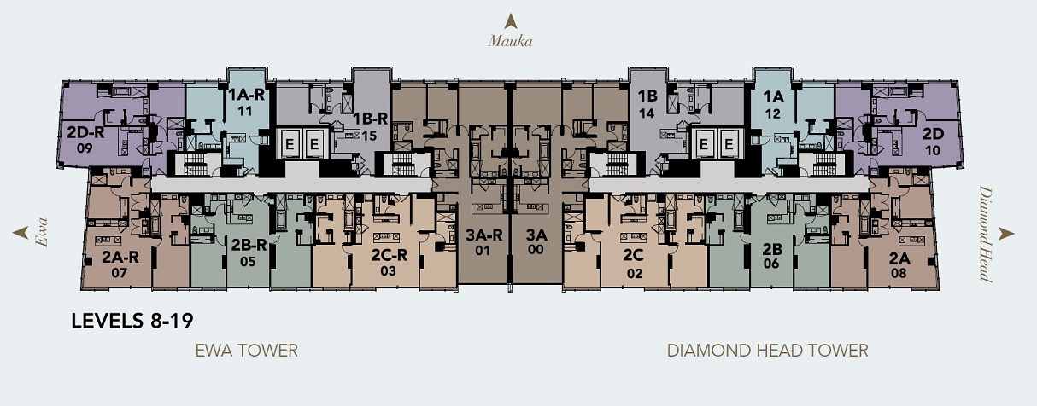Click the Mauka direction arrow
point(510,21)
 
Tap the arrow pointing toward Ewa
point(21,233)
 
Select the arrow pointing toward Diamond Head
point(1006,234)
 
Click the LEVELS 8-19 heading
point(132,321)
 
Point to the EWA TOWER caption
point(246,351)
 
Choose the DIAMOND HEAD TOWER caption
point(767,351)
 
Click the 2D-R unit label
point(85,133)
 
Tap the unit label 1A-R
point(246,96)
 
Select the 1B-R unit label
point(371,119)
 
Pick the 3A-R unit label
point(483,235)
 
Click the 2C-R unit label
point(389,255)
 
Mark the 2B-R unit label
point(249,245)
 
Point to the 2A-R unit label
point(120,257)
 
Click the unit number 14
point(647,113)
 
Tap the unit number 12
point(773,113)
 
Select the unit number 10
point(933,151)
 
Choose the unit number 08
point(899,273)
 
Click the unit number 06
point(771,264)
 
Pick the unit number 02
point(635,274)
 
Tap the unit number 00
point(536,250)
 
